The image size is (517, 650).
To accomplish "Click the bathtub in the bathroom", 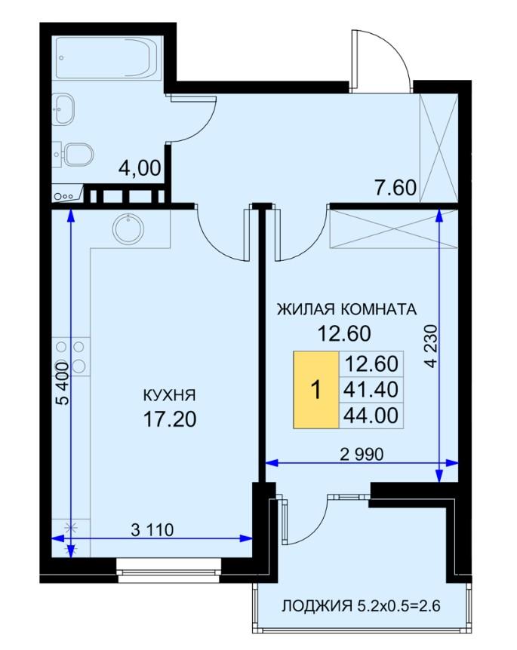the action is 107,57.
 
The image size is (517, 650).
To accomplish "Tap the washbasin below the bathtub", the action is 63,109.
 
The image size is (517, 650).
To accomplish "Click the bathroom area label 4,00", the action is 140,169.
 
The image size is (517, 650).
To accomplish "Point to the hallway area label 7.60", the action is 395,187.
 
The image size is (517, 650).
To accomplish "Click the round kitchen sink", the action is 128,228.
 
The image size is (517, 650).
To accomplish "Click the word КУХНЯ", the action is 169,395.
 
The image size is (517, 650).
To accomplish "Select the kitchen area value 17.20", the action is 170,419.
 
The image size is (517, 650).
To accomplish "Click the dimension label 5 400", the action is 62,384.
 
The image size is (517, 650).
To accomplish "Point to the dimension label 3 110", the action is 152,529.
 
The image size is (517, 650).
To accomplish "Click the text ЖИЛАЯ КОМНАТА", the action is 346,309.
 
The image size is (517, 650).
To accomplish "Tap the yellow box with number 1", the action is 316,390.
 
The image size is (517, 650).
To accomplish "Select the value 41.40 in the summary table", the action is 371,390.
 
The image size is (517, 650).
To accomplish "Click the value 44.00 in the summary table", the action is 371,415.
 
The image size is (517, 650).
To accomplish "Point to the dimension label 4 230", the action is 432,346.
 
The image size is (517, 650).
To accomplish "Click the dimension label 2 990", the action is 362,455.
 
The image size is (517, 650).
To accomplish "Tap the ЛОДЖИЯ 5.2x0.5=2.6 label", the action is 361,606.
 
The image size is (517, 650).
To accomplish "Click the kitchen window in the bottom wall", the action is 169,570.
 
